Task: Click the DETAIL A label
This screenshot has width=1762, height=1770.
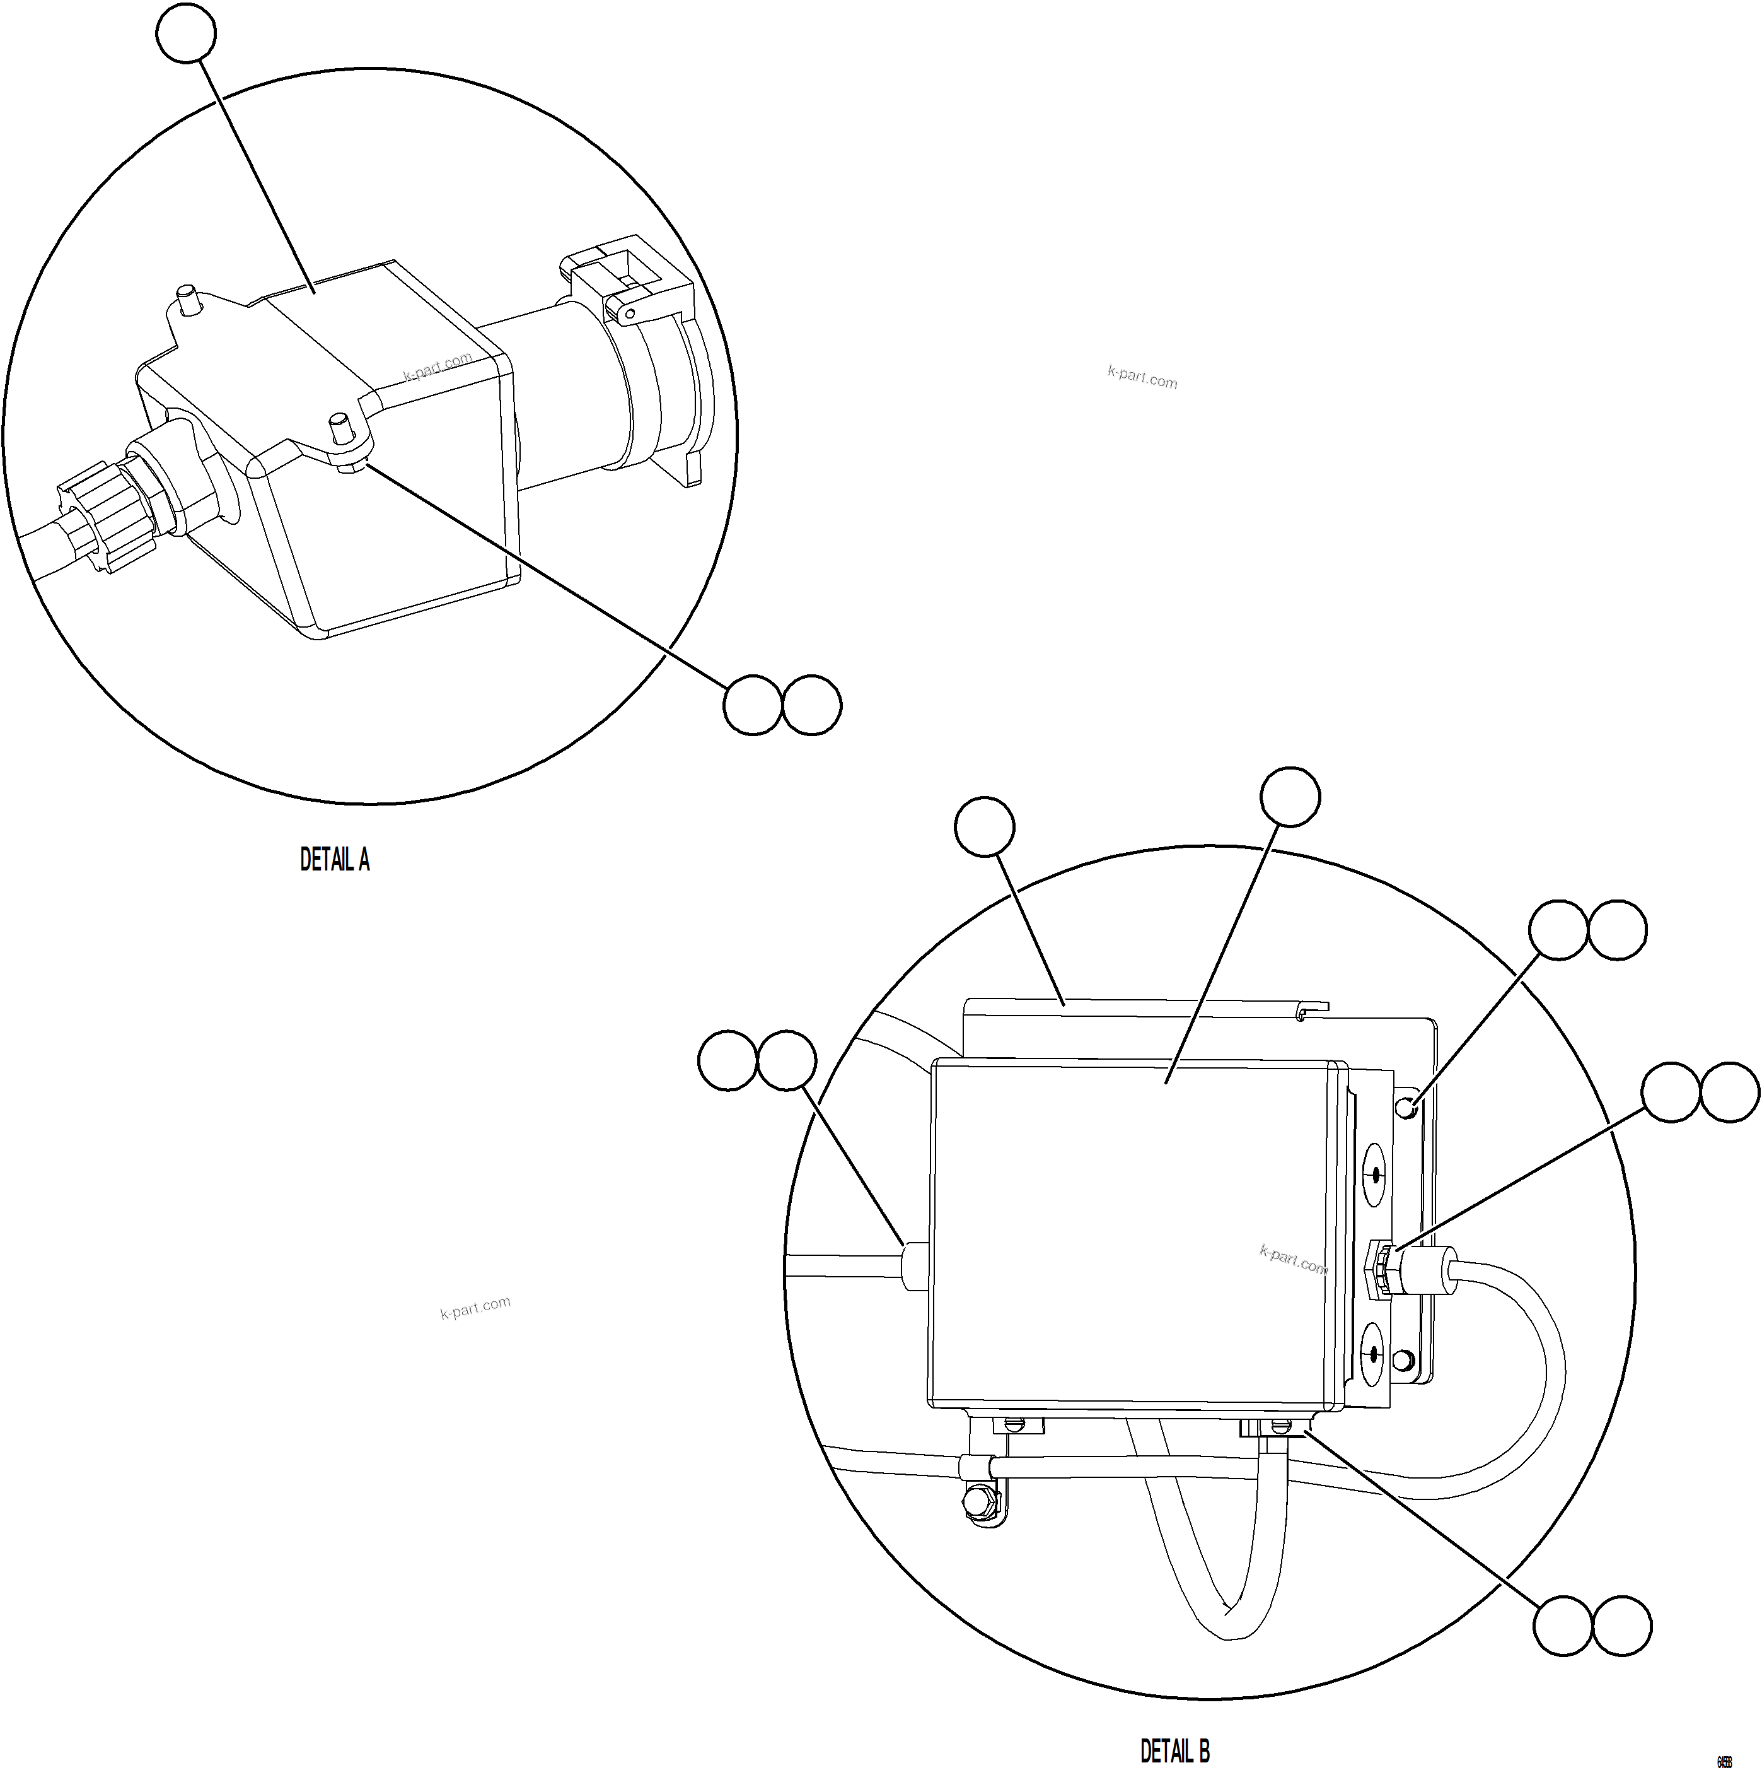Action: [x=334, y=859]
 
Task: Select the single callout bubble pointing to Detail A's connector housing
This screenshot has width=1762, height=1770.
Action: [x=186, y=33]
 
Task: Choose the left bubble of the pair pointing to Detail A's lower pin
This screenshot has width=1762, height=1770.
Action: [x=753, y=705]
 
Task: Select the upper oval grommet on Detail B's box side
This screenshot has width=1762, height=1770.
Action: [x=1374, y=1175]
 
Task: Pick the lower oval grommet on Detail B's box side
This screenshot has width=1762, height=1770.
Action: [x=1373, y=1352]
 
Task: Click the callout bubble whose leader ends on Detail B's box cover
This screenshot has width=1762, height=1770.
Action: [x=1290, y=797]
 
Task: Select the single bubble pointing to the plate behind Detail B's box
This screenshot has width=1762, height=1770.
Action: [x=985, y=828]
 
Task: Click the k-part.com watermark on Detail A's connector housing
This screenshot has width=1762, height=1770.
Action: [x=437, y=366]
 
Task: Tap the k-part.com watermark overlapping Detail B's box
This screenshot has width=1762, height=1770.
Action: [x=1292, y=1260]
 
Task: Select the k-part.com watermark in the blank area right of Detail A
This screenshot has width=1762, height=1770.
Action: [x=1142, y=377]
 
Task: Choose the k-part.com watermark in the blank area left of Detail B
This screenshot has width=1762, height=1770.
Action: [x=475, y=1308]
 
